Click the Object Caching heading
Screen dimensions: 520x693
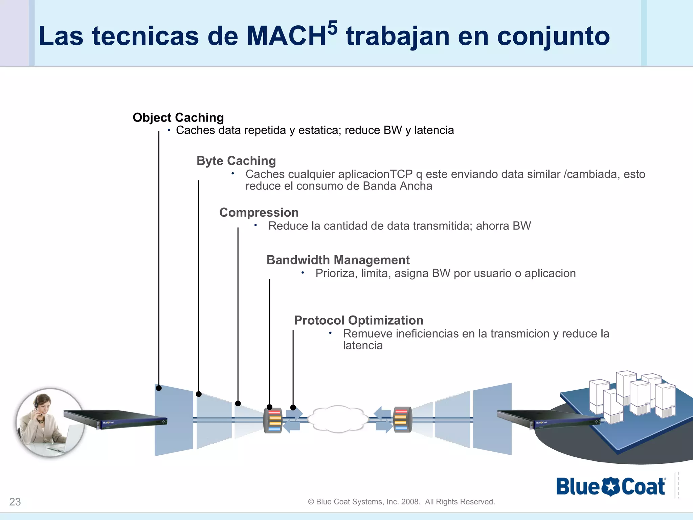pos(178,117)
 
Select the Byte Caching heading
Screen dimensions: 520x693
pos(236,160)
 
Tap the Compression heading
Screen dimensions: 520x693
pos(259,212)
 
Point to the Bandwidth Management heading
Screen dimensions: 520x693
pos(338,260)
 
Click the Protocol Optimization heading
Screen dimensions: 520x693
pos(359,320)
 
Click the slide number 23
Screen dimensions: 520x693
pos(15,502)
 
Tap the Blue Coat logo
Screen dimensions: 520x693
pos(611,486)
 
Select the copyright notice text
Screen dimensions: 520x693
pos(401,502)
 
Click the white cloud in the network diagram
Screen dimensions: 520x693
pos(338,419)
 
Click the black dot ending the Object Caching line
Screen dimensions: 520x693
pos(159,388)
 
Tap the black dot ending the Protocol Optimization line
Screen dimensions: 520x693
pos(293,408)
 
